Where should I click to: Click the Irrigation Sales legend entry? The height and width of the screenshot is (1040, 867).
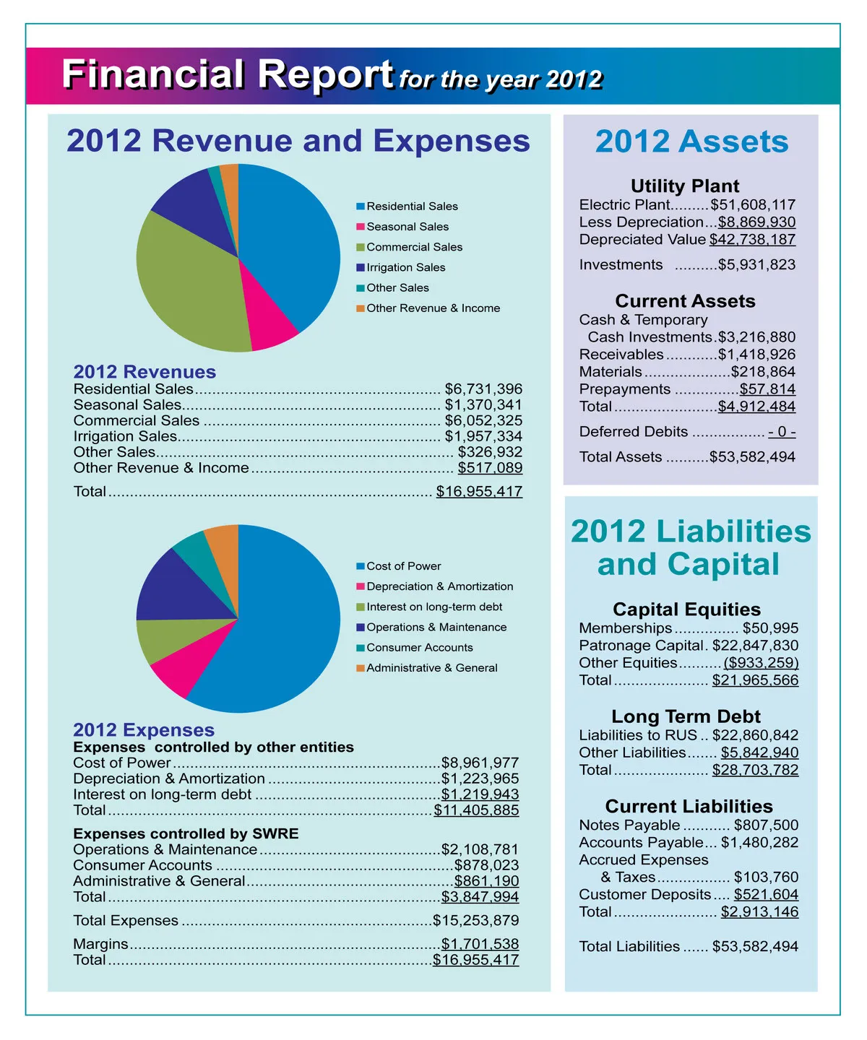[x=405, y=267]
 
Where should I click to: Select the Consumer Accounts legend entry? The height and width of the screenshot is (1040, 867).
[x=419, y=648]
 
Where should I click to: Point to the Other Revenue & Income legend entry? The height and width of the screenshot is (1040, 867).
[x=433, y=308]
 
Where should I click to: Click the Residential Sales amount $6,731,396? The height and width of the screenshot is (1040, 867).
[x=483, y=389]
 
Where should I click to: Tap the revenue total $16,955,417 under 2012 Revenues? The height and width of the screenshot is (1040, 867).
[x=479, y=492]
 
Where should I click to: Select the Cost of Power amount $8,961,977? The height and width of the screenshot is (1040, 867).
[x=480, y=763]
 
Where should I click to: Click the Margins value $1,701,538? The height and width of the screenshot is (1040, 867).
[x=480, y=944]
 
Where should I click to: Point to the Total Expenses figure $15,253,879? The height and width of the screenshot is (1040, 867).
[x=476, y=921]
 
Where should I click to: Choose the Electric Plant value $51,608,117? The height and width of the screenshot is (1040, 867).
[x=753, y=205]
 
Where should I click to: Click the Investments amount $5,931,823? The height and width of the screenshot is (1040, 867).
[x=756, y=265]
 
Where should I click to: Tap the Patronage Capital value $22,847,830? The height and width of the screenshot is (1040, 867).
[x=755, y=646]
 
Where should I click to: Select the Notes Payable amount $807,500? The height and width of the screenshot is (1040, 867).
[x=766, y=825]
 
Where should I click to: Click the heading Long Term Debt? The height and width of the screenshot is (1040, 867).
[x=686, y=716]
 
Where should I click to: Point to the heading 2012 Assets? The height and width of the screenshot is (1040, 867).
[x=691, y=142]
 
